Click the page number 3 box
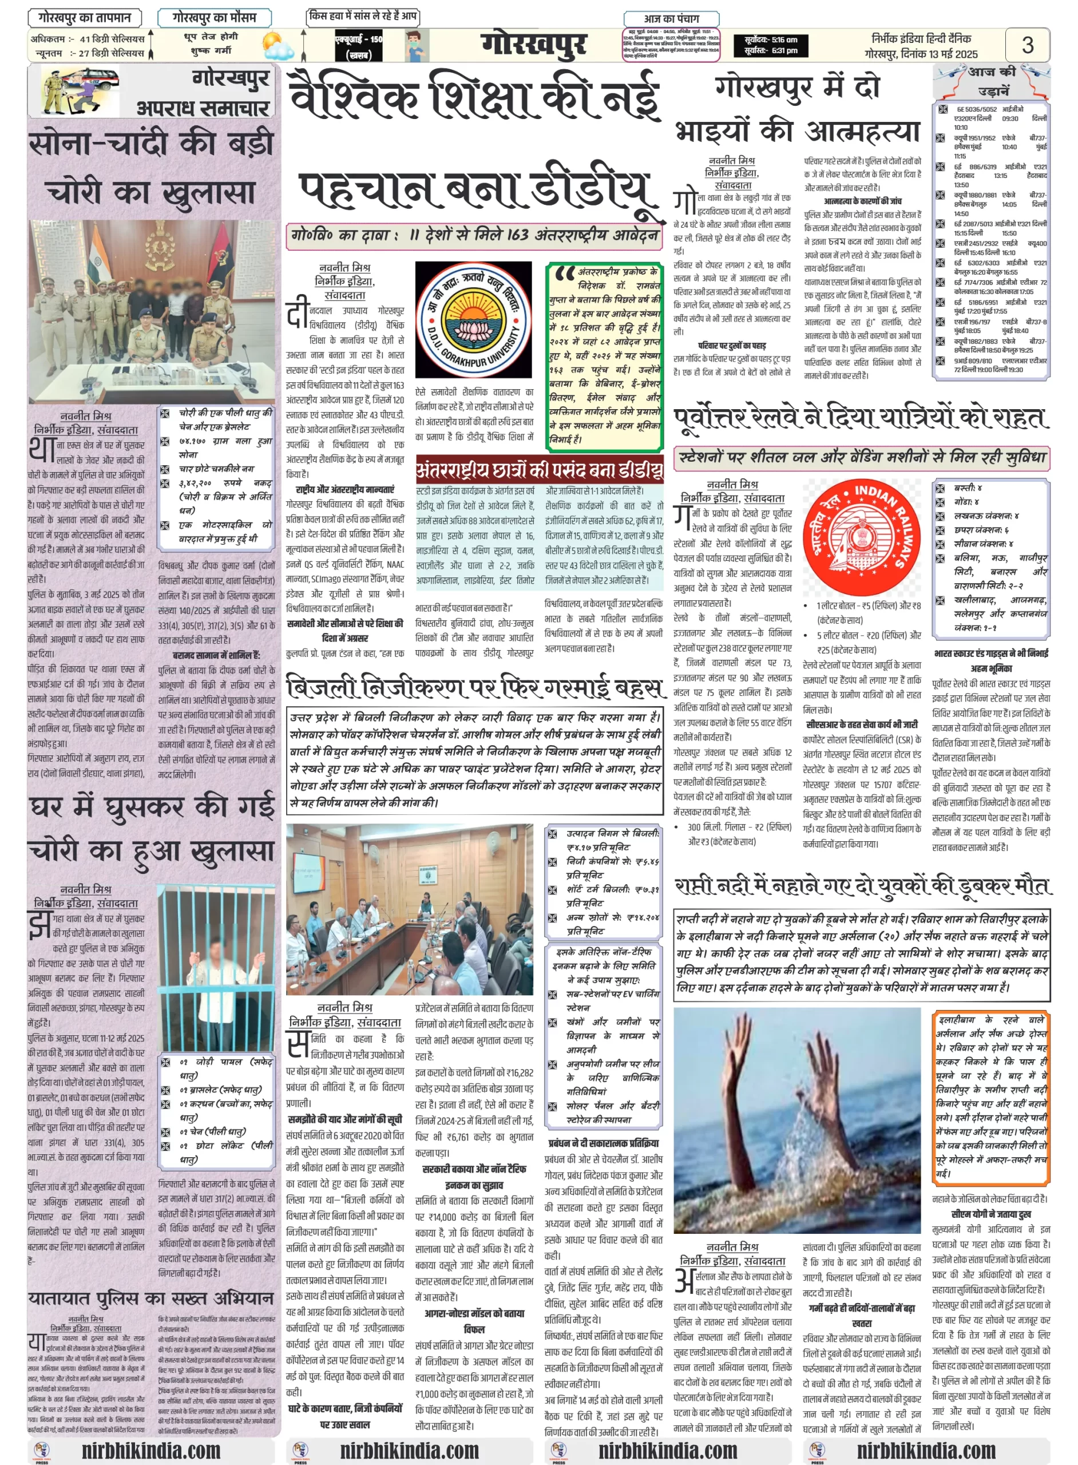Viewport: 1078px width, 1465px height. pyautogui.click(x=1027, y=45)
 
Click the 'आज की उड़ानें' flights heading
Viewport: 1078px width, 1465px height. pyautogui.click(x=991, y=80)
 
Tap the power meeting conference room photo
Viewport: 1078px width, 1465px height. pyautogui.click(x=409, y=908)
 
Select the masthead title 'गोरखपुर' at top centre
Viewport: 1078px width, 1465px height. pyautogui.click(x=534, y=45)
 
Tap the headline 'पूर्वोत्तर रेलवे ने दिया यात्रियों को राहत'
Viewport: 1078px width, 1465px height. pyautogui.click(x=861, y=418)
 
